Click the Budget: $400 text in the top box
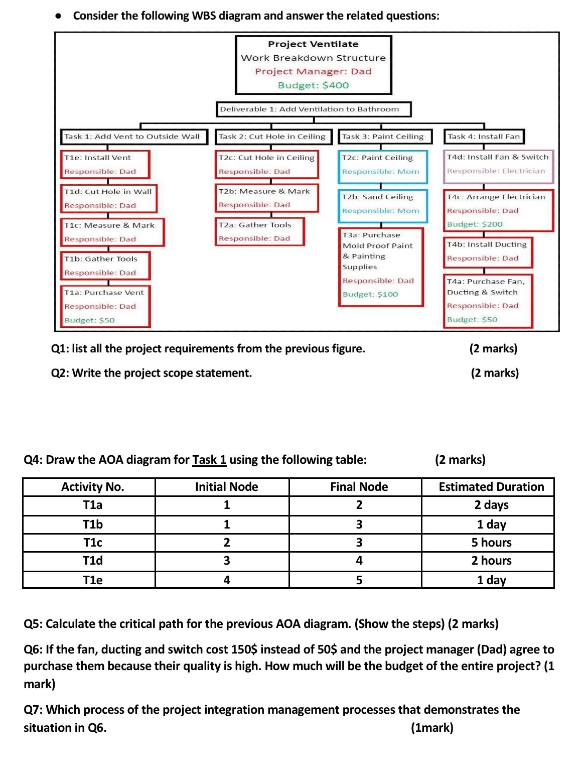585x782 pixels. tap(313, 85)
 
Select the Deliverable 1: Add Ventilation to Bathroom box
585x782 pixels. tap(314, 109)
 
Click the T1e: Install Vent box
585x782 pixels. tap(104, 165)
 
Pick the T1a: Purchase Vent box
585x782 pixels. tap(105, 306)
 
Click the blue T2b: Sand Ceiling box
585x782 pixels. tap(382, 204)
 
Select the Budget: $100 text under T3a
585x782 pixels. tap(370, 295)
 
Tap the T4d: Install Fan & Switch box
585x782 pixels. tap(498, 164)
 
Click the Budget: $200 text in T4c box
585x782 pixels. tap(475, 224)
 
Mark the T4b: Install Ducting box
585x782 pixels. tap(487, 251)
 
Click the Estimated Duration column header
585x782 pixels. tap(491, 487)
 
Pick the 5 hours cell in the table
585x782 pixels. tap(491, 543)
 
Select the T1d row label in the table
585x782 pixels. tap(93, 561)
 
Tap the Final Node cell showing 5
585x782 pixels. tap(359, 580)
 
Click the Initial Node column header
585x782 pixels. tap(226, 487)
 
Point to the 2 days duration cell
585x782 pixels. tap(491, 505)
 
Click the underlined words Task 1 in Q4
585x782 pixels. tap(209, 460)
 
